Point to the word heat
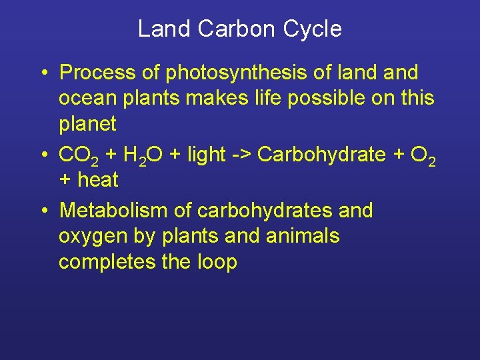tap(98, 180)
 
